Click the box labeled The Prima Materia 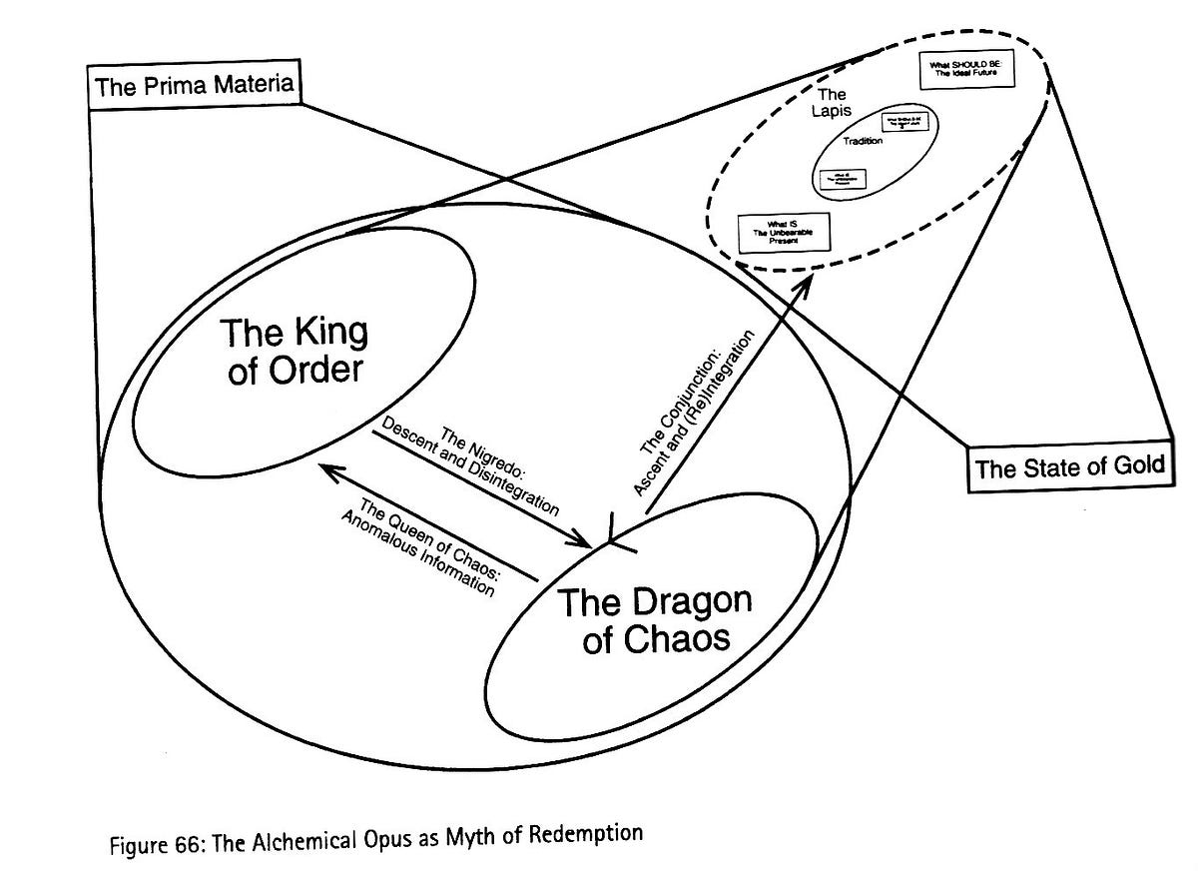(195, 84)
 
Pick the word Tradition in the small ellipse (864, 141)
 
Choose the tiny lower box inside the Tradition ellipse (842, 179)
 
